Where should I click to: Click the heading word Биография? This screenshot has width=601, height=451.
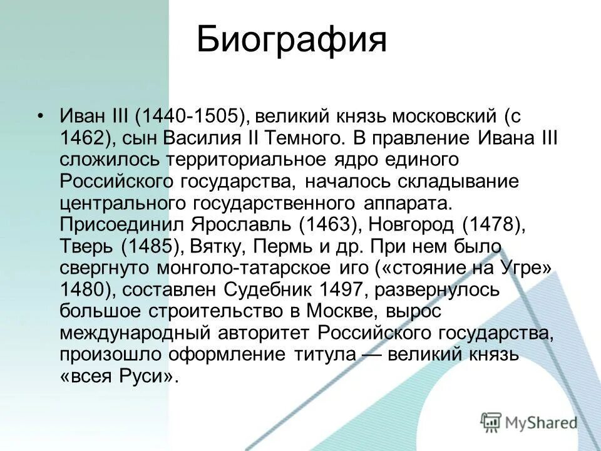pos(292,40)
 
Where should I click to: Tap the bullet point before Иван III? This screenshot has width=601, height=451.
pos(41,117)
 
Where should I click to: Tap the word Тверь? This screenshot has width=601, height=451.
pos(85,246)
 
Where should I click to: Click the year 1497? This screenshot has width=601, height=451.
pos(342,289)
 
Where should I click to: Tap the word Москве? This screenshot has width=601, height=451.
pos(342,311)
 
